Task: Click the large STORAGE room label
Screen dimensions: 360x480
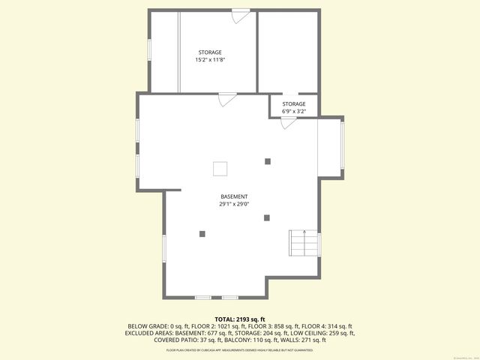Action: click(209, 52)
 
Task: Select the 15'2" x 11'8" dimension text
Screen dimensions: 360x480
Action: click(209, 59)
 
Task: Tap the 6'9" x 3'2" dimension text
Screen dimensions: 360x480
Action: click(294, 111)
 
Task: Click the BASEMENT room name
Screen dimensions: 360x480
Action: click(234, 196)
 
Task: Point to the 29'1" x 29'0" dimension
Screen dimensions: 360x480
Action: click(234, 204)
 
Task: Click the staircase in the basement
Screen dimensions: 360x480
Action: click(304, 243)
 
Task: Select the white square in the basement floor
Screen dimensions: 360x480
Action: click(220, 168)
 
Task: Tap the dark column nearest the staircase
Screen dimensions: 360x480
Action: click(267, 218)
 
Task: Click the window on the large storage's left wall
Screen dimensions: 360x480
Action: click(149, 49)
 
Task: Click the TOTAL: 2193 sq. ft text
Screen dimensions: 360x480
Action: click(240, 319)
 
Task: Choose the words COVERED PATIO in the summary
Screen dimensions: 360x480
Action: click(177, 340)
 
